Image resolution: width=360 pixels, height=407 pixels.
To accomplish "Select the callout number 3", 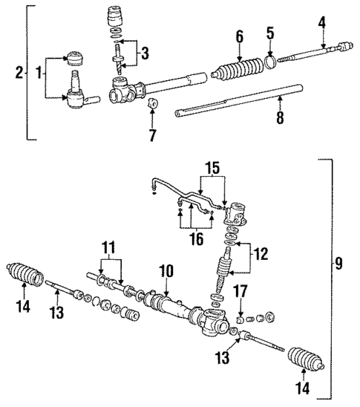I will pos(145,53).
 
